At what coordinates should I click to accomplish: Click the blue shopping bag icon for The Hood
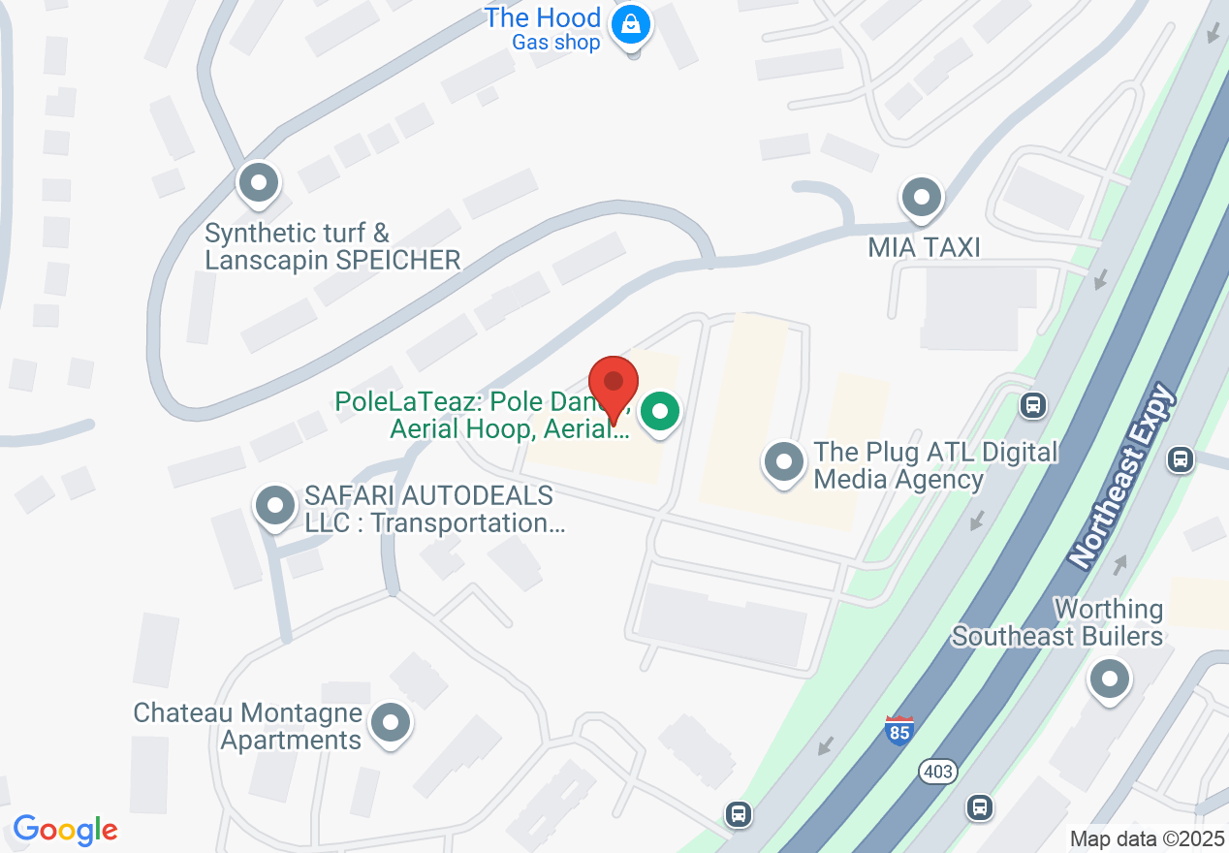pos(631,23)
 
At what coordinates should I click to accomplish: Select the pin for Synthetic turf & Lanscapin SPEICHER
pos(258,181)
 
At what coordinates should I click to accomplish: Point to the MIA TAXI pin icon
pos(921,198)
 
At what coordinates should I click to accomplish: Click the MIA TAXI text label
pos(924,247)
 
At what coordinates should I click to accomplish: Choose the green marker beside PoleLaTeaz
pos(660,412)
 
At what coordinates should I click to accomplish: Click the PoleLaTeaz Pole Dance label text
pos(483,415)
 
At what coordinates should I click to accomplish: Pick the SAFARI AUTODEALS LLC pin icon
pos(274,505)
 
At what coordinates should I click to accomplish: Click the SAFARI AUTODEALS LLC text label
pos(430,510)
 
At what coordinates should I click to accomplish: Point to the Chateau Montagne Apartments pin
pos(392,722)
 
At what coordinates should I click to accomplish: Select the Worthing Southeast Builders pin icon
pos(1110,679)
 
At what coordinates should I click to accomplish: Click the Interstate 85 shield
pos(898,730)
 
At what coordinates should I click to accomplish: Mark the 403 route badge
pos(937,772)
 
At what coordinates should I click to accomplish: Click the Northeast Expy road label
pos(1121,476)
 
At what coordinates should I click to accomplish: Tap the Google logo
pos(65,830)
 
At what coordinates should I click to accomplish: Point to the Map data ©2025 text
pos(1146,838)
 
